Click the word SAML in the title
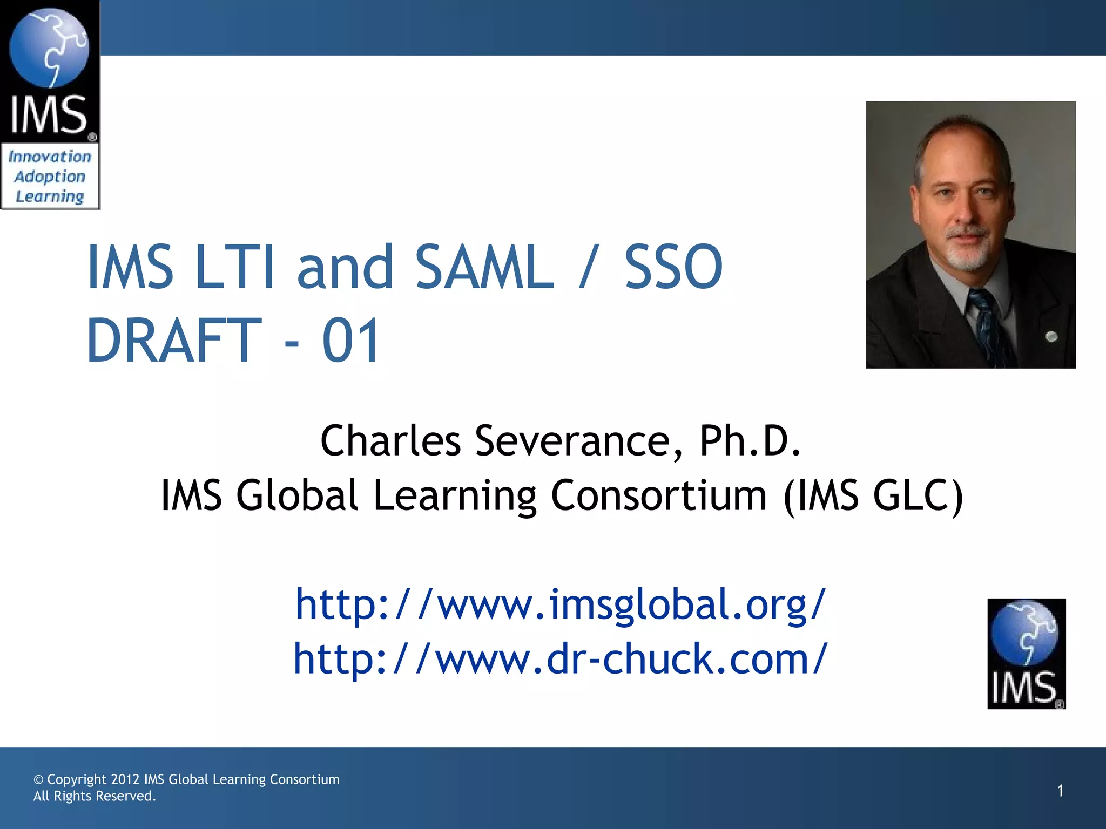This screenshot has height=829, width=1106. [x=484, y=267]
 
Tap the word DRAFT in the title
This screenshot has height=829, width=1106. [x=174, y=341]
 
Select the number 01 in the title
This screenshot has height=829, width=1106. [x=352, y=341]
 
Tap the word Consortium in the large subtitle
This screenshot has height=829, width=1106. [x=659, y=495]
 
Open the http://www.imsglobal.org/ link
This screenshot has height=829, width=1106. [x=561, y=604]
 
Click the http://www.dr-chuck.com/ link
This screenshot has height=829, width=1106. [x=561, y=659]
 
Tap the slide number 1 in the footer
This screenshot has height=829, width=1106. [x=1060, y=791]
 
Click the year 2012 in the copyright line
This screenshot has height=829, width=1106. [x=125, y=779]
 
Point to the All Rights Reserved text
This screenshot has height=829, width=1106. [x=95, y=796]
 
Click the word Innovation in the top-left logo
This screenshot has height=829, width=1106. [x=50, y=157]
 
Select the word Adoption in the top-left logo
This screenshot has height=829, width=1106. [x=50, y=176]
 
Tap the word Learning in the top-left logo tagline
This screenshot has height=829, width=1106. [x=50, y=196]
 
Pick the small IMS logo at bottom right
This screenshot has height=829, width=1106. [x=1026, y=654]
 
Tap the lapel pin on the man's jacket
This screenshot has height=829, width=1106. [x=1051, y=337]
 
